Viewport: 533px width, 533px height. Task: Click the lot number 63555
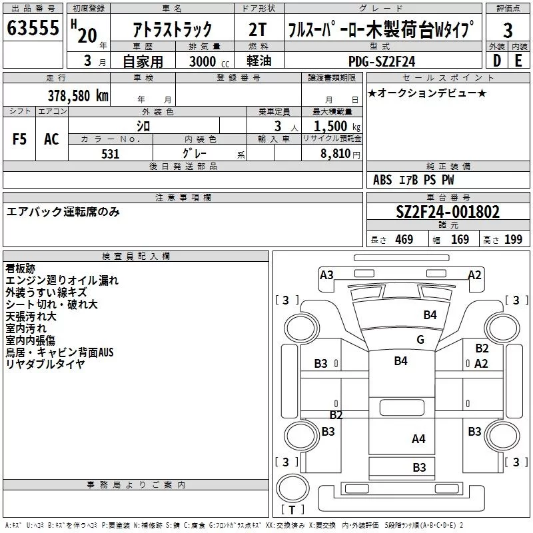(x=33, y=28)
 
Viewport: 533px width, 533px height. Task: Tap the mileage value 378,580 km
(x=78, y=96)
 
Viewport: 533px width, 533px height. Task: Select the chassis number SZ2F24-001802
(x=448, y=212)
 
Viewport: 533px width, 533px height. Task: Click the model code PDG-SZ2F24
(x=382, y=61)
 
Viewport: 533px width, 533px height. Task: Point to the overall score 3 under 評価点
(x=508, y=30)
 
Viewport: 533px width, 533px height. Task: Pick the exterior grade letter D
(x=497, y=61)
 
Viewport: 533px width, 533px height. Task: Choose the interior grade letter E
(x=518, y=61)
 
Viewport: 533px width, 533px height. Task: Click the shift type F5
(x=19, y=139)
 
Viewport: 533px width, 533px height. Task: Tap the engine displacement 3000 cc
(x=209, y=61)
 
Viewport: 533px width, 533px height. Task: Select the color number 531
(x=111, y=154)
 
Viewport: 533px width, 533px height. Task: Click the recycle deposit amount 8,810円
(x=340, y=154)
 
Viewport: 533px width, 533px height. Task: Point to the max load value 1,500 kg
(x=337, y=127)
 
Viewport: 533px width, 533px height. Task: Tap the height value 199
(x=513, y=240)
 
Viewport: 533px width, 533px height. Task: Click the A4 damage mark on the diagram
(x=418, y=439)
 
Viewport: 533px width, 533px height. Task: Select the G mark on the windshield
(x=420, y=340)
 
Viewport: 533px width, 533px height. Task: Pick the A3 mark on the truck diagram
(x=326, y=275)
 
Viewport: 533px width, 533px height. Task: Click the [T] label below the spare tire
(x=292, y=510)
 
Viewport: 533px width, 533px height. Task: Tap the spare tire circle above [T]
(x=292, y=488)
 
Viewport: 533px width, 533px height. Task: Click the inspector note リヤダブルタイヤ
(x=45, y=364)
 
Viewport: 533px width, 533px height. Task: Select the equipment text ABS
(x=382, y=180)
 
